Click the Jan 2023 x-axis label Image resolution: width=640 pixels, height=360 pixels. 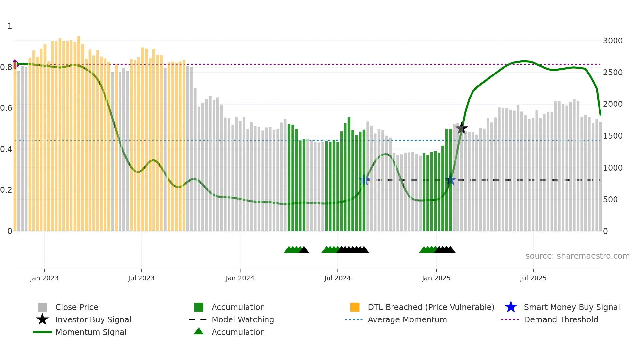(x=44, y=278)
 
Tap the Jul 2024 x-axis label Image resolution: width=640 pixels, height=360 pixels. (x=337, y=278)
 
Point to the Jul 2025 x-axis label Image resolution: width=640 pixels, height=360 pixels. (x=533, y=278)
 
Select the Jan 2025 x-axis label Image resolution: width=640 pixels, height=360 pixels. (x=436, y=278)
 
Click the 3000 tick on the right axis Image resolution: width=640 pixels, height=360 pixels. (x=613, y=41)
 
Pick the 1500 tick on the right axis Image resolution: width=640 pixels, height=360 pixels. (x=613, y=136)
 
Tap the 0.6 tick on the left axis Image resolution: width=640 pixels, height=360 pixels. (x=6, y=108)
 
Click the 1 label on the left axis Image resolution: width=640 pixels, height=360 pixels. (x=10, y=26)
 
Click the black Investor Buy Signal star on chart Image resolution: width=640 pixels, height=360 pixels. (x=461, y=128)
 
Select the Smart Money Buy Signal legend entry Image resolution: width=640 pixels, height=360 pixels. (x=571, y=307)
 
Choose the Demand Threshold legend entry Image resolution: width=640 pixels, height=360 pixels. (x=561, y=319)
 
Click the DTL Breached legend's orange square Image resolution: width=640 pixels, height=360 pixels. (x=355, y=307)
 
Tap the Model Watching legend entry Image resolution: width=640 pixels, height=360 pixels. (x=242, y=319)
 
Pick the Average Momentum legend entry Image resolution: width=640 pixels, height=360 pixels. (x=407, y=319)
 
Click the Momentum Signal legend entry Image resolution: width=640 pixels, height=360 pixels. (x=91, y=332)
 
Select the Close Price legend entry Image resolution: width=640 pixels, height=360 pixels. (x=77, y=307)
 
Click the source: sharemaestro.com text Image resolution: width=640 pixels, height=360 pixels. (x=577, y=256)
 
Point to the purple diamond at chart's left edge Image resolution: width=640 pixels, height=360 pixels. (x=15, y=64)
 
